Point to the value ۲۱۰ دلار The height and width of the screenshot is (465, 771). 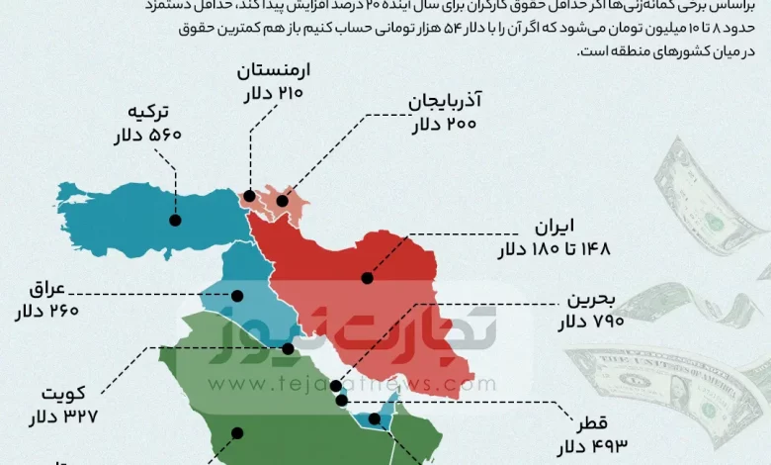tap(272, 96)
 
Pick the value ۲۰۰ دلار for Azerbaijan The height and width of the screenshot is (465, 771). tap(444, 126)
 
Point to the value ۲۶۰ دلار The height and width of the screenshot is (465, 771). tap(46, 314)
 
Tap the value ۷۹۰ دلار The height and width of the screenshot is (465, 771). tap(591, 324)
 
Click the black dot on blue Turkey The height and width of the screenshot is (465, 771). tap(175, 221)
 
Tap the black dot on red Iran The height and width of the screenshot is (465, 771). tap(366, 278)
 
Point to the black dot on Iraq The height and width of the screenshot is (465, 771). tap(237, 295)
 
